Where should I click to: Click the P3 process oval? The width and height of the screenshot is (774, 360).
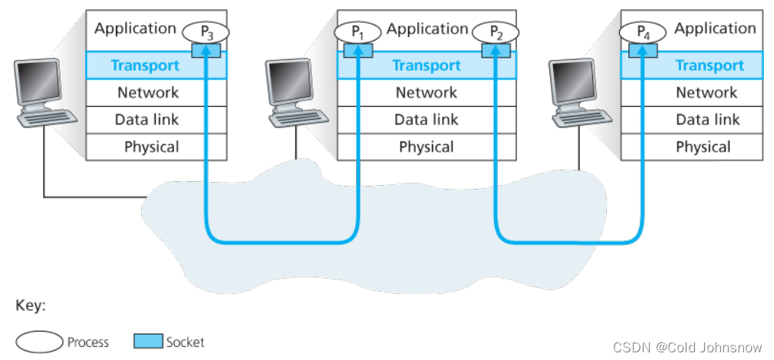[206, 31]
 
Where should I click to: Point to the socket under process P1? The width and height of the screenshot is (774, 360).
[357, 50]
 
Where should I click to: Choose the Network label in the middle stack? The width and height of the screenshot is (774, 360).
[427, 92]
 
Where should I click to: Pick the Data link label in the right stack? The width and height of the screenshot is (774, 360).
[707, 119]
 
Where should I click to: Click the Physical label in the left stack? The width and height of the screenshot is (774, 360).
[151, 147]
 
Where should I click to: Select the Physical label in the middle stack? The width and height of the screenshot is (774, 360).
[427, 147]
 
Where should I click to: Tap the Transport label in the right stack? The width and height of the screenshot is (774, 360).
[710, 65]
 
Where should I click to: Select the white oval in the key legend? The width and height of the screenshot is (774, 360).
[38, 342]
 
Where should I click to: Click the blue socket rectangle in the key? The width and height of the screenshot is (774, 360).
[148, 342]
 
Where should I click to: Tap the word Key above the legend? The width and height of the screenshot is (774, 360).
[31, 305]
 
